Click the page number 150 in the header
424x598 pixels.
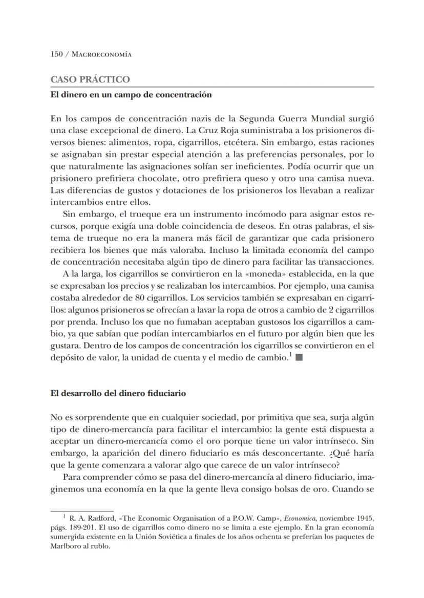point(56,54)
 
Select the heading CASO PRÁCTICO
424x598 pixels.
point(90,79)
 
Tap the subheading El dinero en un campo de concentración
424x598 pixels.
point(131,95)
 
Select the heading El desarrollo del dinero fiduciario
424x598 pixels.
point(118,394)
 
